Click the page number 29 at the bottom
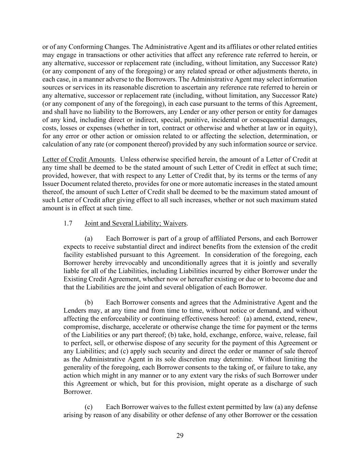tap(180, 435)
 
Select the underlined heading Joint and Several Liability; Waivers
tap(136, 223)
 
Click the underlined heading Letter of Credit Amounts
tap(78, 159)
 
